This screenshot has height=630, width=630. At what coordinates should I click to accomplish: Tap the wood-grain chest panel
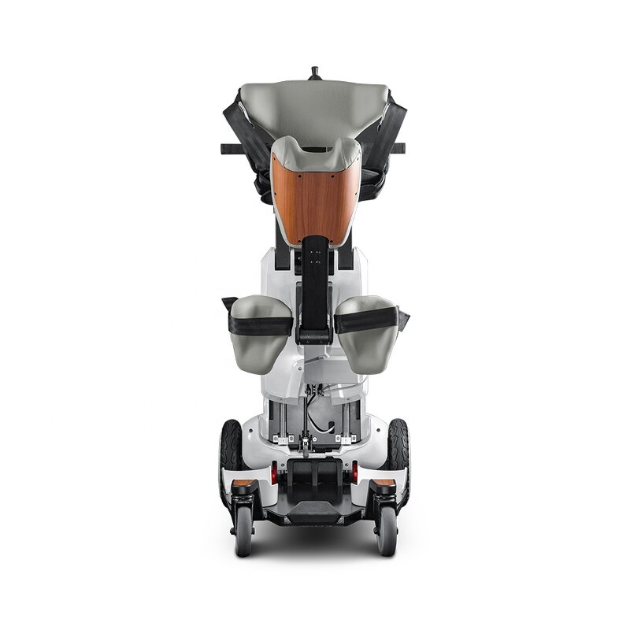(315, 197)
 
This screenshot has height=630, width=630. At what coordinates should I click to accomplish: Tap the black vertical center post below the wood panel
(316, 283)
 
